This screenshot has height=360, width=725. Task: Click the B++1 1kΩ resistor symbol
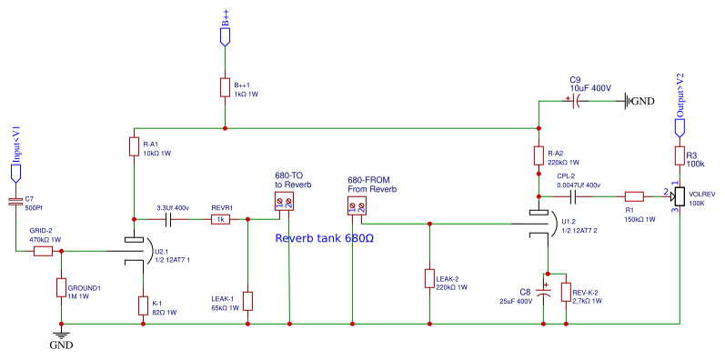coord(225,88)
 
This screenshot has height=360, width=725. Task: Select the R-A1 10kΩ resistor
coord(135,148)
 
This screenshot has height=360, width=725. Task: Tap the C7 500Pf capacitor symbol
coord(15,201)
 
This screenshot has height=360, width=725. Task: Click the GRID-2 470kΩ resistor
coord(44,251)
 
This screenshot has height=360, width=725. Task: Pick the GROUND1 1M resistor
coord(60,289)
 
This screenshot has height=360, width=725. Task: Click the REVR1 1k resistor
coord(220,219)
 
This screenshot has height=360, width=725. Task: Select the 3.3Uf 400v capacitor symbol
coord(170,219)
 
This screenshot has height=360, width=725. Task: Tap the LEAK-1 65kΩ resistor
coord(247,301)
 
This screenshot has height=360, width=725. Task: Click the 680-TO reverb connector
coord(285,203)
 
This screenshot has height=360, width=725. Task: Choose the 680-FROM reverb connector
coord(357,207)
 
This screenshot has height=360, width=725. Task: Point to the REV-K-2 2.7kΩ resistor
coord(566,293)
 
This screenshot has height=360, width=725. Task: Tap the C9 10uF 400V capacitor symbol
coord(574,102)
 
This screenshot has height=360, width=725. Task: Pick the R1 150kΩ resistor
coord(633,195)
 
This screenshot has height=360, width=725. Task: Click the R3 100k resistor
coord(679,155)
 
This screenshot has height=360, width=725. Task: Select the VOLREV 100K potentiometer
coord(679,196)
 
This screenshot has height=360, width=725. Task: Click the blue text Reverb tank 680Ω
coord(325,239)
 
